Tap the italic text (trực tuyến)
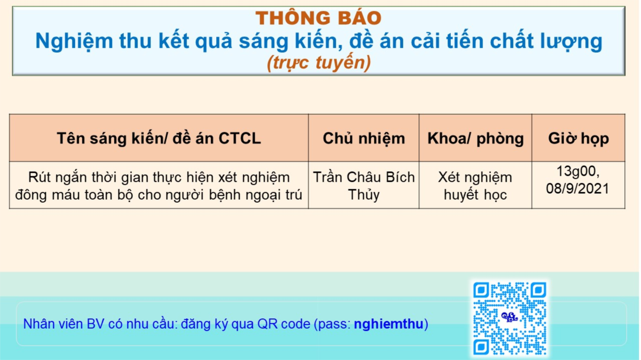[x=318, y=63]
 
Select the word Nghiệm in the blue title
[x=74, y=42]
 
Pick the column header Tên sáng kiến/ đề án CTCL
[x=159, y=138]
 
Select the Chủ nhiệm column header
[x=364, y=139]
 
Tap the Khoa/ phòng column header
[x=475, y=139]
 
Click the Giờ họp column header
[x=578, y=139]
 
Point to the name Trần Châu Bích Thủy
[x=364, y=185]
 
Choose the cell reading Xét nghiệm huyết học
[x=475, y=185]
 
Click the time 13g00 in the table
[x=575, y=171]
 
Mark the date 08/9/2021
[x=578, y=189]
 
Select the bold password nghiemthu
[x=388, y=324]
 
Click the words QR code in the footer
[x=284, y=324]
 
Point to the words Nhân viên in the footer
[x=53, y=324]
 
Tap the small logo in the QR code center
[x=509, y=317]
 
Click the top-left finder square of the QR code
[x=481, y=290]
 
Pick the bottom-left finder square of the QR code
[x=481, y=347]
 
